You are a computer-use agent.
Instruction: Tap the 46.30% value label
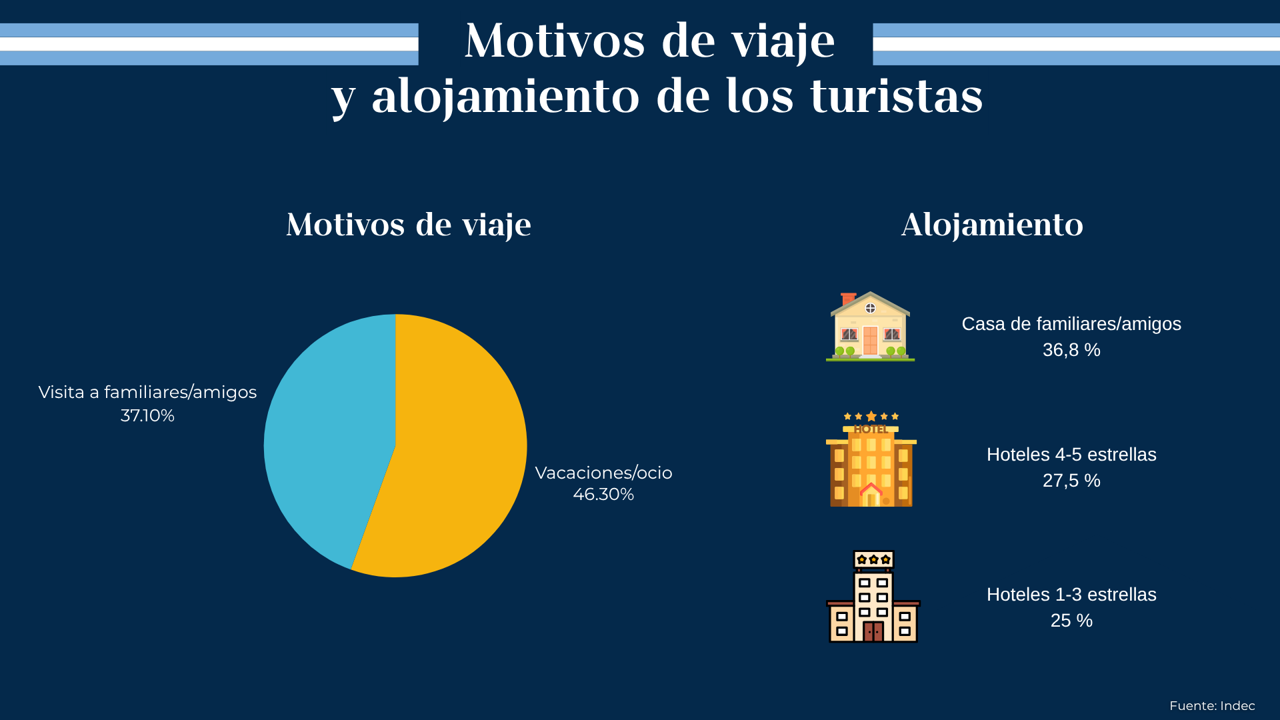603,495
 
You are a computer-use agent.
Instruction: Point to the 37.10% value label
147,416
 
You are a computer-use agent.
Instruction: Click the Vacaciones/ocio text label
603,473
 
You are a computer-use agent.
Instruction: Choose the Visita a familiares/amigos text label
147,392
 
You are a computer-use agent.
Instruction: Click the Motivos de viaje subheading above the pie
408,225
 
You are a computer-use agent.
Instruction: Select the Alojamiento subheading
992,225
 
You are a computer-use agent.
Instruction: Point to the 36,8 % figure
1071,350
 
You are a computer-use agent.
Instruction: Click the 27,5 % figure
1071,481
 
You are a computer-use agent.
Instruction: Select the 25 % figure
1071,621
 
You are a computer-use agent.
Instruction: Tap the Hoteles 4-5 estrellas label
1071,455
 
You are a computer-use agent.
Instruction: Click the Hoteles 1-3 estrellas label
1071,595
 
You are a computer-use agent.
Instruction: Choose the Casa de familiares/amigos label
1071,324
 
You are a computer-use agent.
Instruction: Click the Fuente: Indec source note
1212,706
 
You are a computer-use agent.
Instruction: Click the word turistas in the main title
896,97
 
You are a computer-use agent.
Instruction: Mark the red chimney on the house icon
848,298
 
